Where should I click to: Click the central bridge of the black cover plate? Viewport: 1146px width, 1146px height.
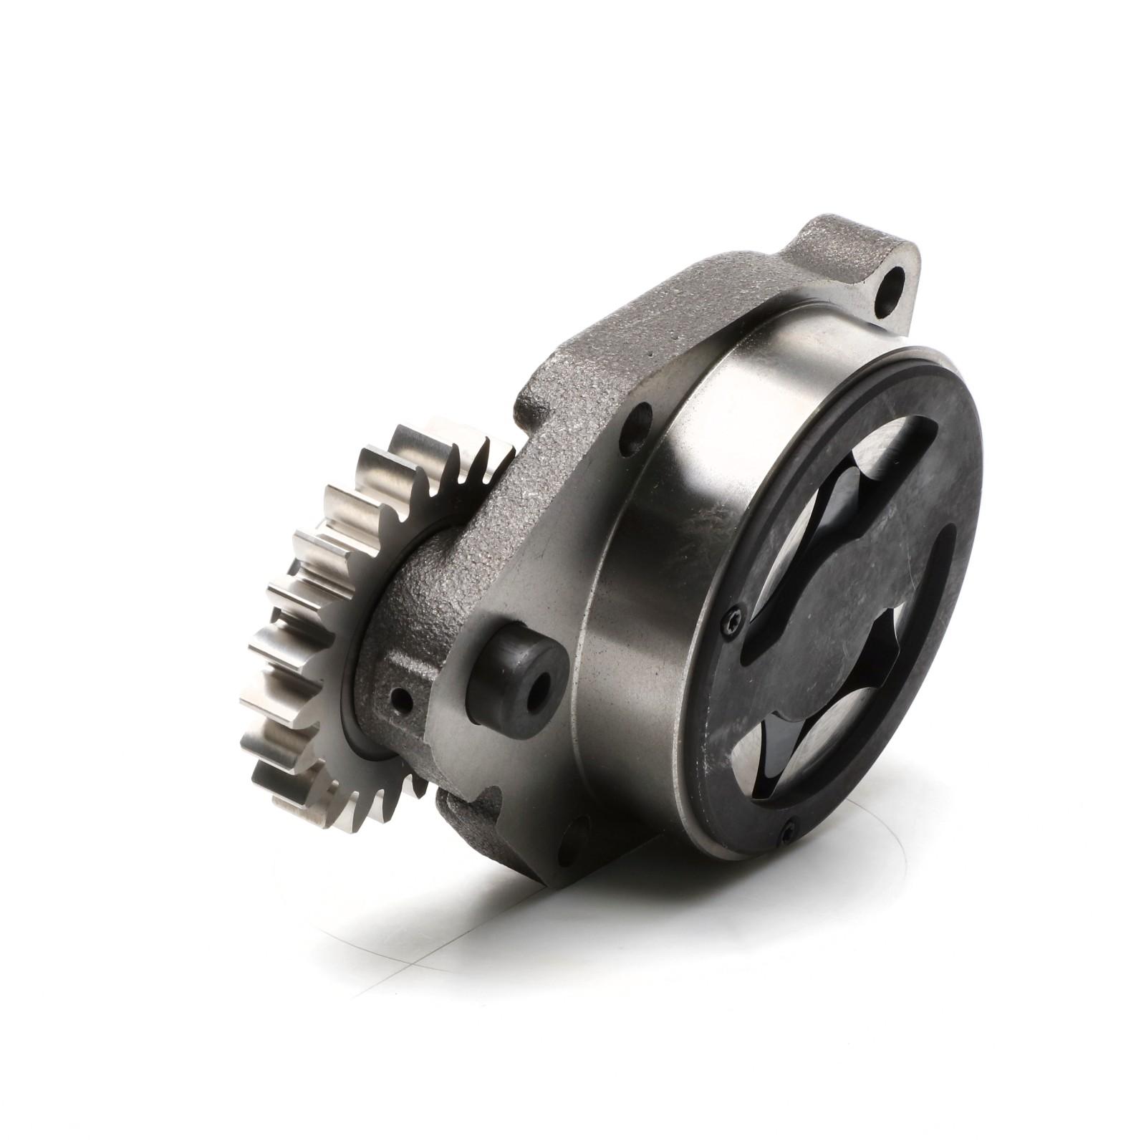pyautogui.click(x=845, y=609)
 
